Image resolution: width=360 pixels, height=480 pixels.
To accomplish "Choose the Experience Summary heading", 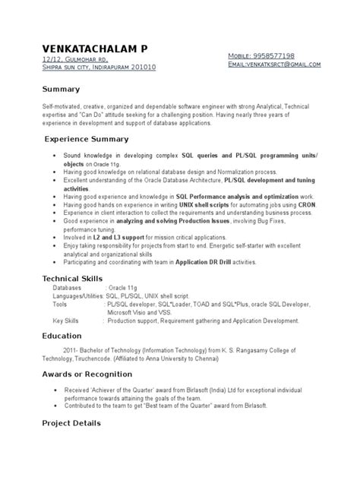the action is coord(86,139).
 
